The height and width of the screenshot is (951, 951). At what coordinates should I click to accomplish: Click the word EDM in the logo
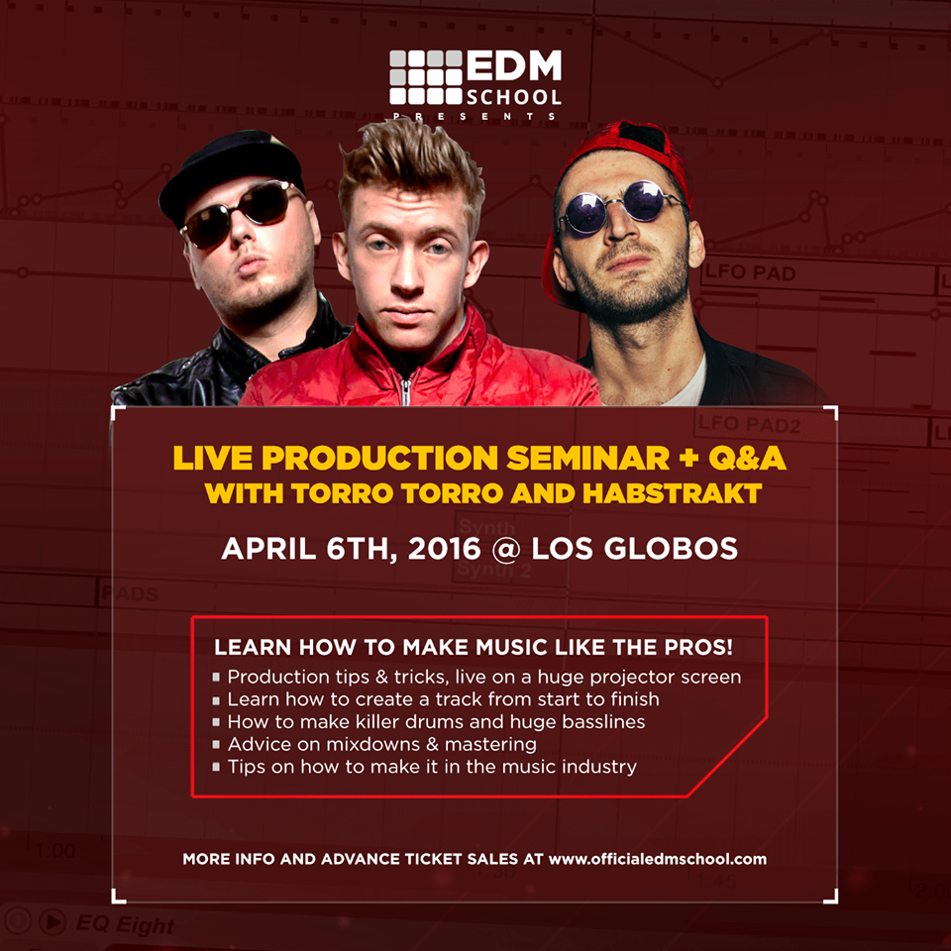[x=514, y=66]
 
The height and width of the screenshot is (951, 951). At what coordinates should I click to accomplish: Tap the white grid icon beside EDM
[x=426, y=77]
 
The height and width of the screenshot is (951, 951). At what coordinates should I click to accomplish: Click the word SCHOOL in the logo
[x=514, y=97]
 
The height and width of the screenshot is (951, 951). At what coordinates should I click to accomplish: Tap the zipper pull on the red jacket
[x=406, y=391]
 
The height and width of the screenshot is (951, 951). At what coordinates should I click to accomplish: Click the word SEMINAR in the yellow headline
[x=587, y=458]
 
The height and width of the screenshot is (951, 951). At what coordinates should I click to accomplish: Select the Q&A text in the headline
[x=747, y=458]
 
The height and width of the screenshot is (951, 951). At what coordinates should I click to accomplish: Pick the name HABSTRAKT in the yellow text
[x=672, y=493]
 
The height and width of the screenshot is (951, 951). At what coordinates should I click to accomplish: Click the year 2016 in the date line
[x=444, y=549]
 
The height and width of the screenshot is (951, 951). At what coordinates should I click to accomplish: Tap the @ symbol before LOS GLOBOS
[x=506, y=550]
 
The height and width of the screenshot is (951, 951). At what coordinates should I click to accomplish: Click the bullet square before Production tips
[x=216, y=678]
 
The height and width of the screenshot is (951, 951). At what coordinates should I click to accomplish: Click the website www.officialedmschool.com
[x=658, y=860]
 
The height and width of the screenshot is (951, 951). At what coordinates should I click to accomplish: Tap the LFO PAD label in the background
[x=750, y=273]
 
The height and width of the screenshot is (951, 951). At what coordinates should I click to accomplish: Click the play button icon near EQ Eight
[x=53, y=922]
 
